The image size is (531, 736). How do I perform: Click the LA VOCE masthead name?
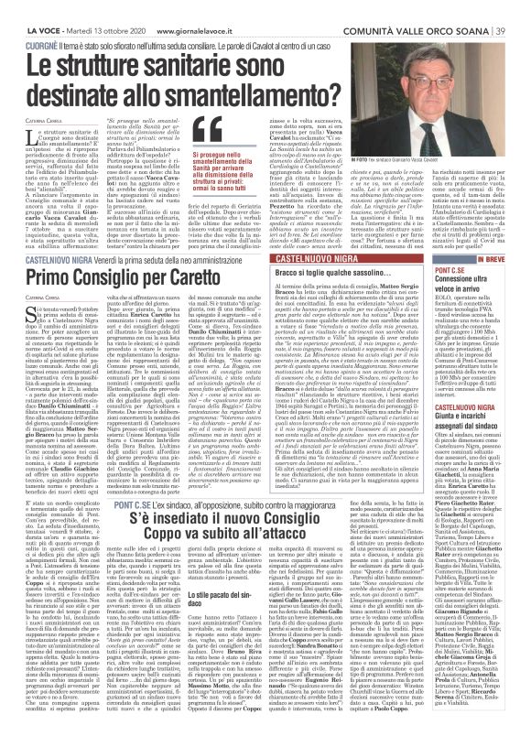(x=33, y=9)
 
